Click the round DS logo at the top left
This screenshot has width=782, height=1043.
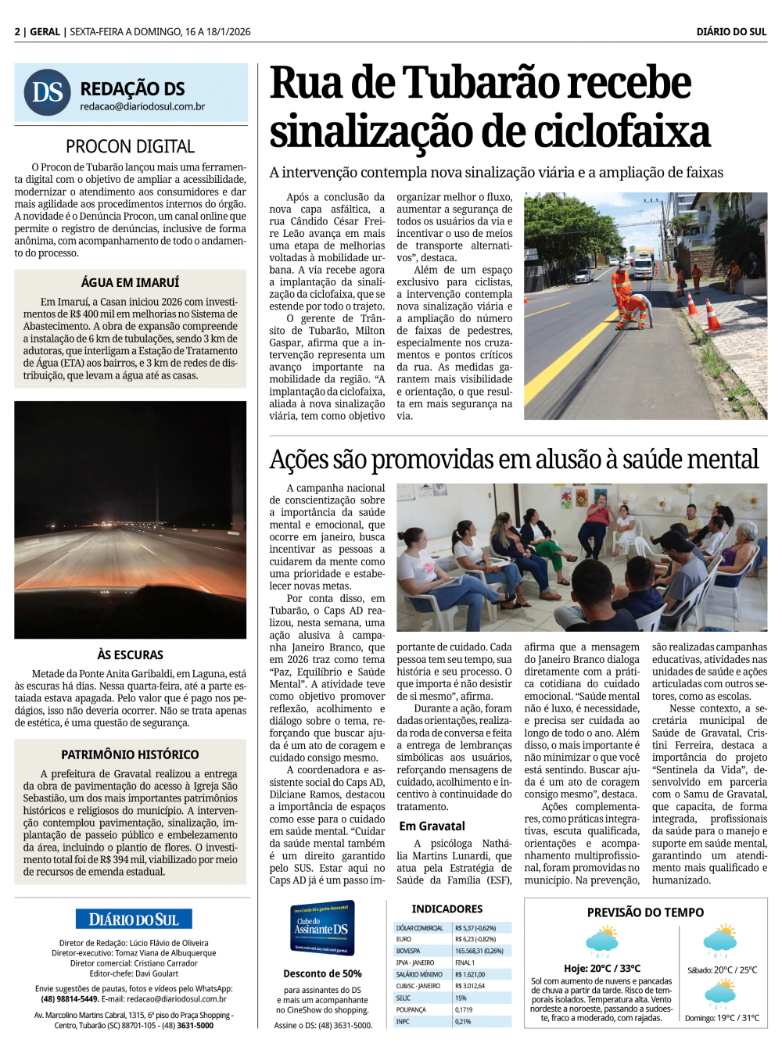(x=48, y=92)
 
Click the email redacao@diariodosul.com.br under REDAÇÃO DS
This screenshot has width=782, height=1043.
(x=142, y=106)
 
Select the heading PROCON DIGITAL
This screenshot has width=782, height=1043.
(x=131, y=146)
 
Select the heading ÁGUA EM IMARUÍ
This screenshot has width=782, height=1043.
(x=130, y=282)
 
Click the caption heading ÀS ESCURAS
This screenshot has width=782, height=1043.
(x=131, y=654)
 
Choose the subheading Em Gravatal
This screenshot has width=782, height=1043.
(x=432, y=826)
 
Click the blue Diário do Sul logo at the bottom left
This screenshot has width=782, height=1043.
(x=134, y=919)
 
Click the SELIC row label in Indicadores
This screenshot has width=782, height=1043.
(x=404, y=998)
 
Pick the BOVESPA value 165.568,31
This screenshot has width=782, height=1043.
(x=479, y=951)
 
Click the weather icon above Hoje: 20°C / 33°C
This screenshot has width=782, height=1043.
(x=602, y=941)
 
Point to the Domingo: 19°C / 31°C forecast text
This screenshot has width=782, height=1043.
(x=722, y=1018)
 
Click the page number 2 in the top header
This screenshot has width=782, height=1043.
(x=17, y=32)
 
